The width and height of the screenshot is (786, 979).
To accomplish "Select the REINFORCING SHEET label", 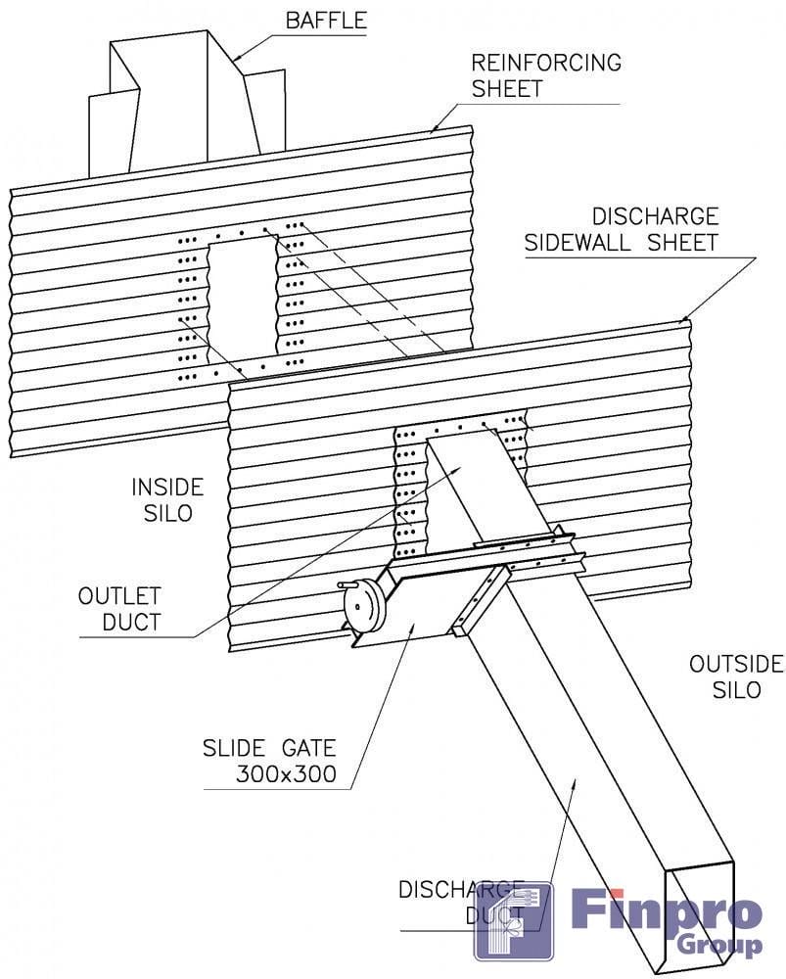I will (546, 75).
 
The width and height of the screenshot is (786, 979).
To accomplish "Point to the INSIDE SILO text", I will (167, 499).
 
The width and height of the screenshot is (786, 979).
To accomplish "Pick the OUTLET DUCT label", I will (120, 608).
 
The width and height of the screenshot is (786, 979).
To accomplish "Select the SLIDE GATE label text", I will (268, 749).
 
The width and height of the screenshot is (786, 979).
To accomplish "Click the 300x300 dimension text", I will (286, 774).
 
